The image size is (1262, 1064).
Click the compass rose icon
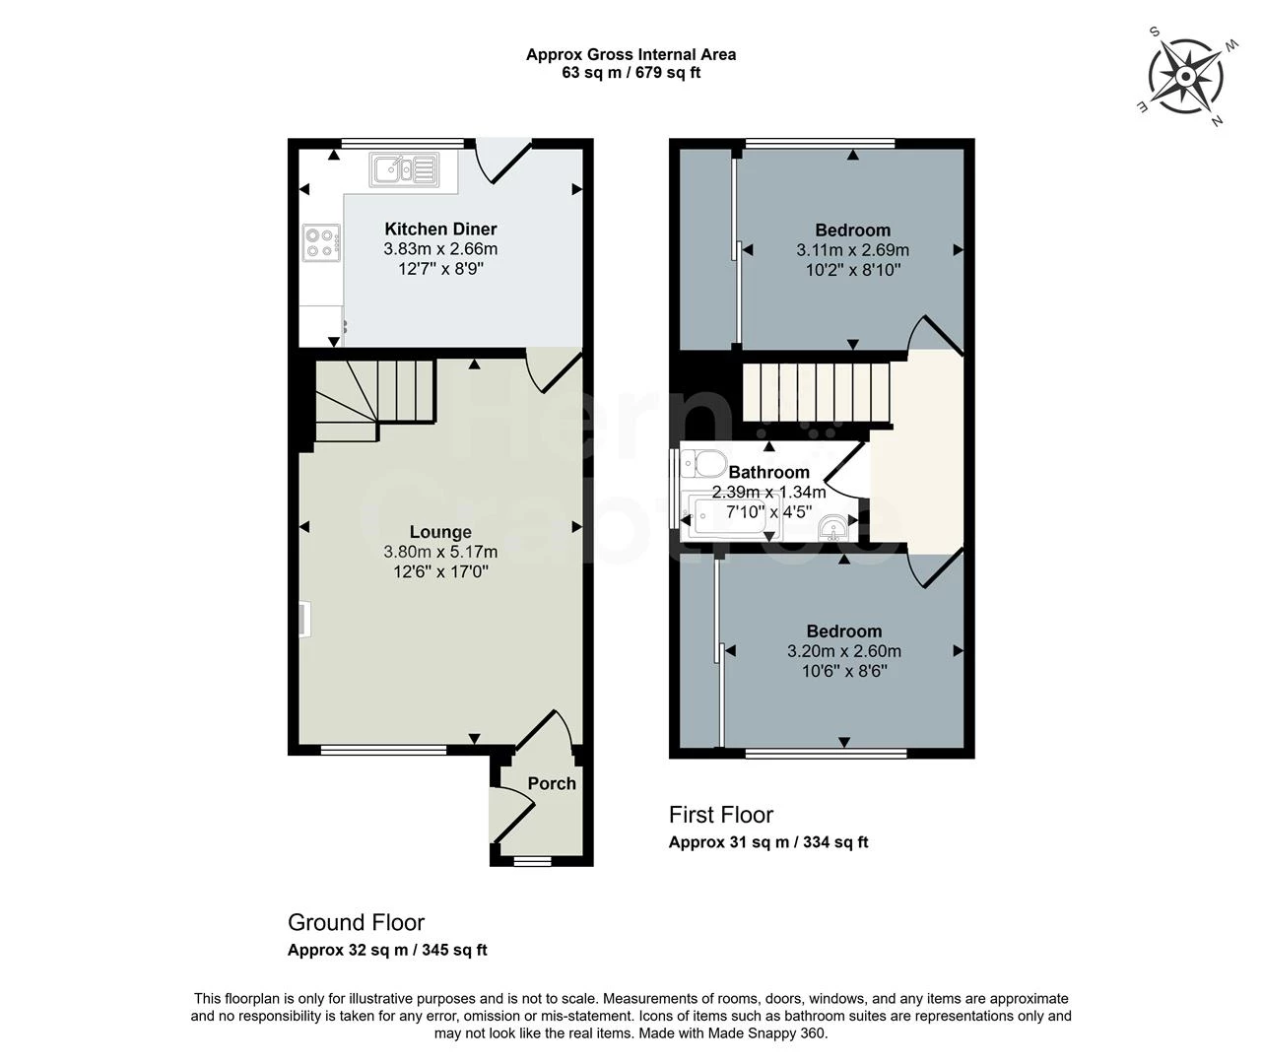(1186, 75)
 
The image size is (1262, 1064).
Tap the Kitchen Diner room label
(440, 230)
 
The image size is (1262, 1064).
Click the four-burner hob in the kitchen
(321, 242)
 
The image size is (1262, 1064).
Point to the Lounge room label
(440, 532)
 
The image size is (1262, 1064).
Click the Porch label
(552, 783)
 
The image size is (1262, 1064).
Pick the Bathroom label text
(768, 472)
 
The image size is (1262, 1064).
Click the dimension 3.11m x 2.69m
(852, 250)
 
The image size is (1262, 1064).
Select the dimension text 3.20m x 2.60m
(844, 651)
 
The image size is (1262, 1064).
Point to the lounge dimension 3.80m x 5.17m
(440, 552)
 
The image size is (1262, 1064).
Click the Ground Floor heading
(356, 923)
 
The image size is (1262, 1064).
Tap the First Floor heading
(721, 815)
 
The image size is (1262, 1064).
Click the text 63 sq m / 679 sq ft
(631, 73)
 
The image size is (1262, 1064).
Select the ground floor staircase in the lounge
(374, 399)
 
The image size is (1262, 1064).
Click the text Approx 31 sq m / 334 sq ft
(768, 842)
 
